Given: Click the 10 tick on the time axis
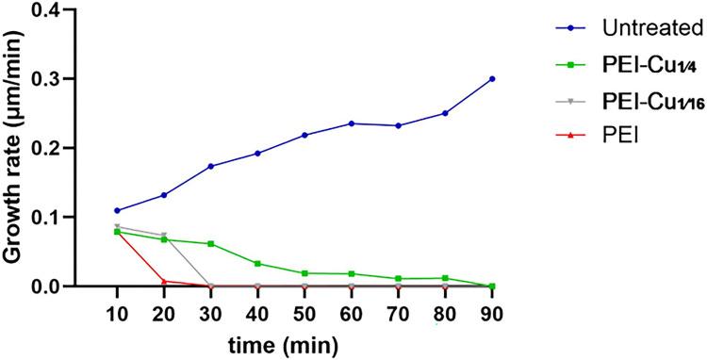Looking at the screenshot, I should [116, 312].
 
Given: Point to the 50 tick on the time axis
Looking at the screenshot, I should [304, 312].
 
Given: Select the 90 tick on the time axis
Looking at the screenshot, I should [492, 312].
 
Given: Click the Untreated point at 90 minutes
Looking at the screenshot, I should [492, 78].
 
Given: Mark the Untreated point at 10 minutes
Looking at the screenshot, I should [116, 210].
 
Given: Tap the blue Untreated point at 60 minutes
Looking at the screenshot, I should [352, 123].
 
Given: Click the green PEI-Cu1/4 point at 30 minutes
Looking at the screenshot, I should [210, 243].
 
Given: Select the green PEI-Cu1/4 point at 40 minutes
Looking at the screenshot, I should [257, 264].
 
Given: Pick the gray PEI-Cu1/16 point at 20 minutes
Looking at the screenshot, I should [163, 235].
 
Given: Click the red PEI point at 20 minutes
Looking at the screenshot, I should [163, 281].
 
